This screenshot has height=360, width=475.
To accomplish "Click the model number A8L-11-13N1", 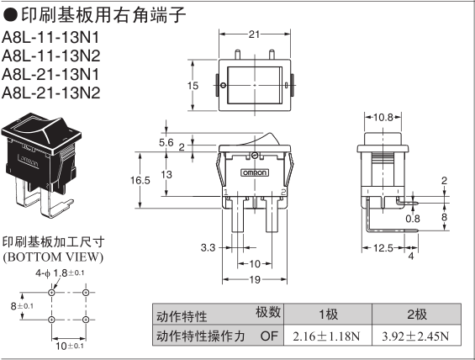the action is (50, 38).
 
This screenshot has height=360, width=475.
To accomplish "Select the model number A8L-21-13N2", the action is (50, 93).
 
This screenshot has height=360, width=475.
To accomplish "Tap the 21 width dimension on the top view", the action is (254, 34).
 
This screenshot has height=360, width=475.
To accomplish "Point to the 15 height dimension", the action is (193, 86).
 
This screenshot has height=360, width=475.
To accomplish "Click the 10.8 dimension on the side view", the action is (383, 117).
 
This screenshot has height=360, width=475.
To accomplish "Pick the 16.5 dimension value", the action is (140, 180).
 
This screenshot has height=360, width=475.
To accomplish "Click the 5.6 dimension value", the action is (166, 142).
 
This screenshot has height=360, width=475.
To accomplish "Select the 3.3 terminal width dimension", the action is (208, 247).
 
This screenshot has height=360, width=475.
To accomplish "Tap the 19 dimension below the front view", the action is (255, 279).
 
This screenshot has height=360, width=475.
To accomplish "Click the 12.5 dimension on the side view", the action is (383, 248).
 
